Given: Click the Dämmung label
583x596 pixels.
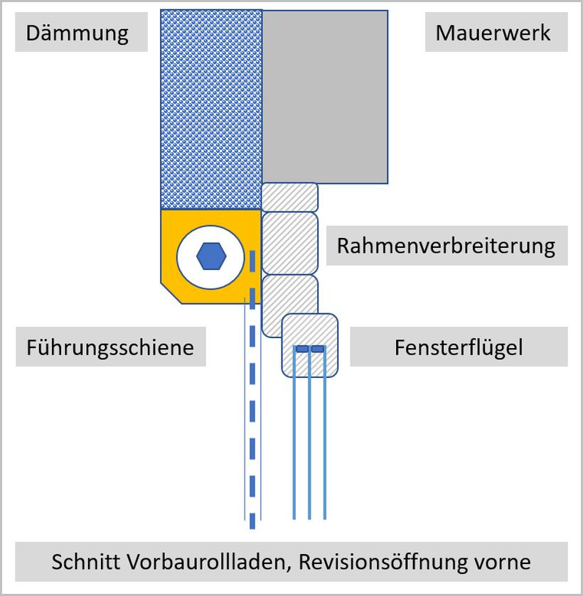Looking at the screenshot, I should [x=77, y=33].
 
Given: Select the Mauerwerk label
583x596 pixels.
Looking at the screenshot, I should [x=493, y=33].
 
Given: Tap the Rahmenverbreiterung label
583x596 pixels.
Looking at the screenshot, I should [x=446, y=246].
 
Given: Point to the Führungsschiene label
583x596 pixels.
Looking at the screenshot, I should [x=110, y=347].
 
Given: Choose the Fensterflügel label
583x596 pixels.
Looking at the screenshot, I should [x=459, y=347].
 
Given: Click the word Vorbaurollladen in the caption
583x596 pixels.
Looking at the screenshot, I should [x=206, y=562].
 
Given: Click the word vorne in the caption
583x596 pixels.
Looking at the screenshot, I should [x=501, y=562].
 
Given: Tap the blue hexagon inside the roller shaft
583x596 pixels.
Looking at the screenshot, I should [x=211, y=256].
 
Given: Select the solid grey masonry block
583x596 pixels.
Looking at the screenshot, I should [x=325, y=97].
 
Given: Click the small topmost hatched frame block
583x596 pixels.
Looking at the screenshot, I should [x=289, y=196].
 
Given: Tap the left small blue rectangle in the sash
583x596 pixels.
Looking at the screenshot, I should [x=302, y=349].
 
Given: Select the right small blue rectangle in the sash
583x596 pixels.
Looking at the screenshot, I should [x=318, y=349].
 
